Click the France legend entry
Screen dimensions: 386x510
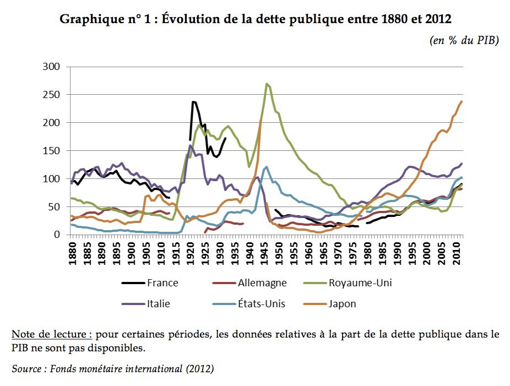[162, 283]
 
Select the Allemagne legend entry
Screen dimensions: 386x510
[262, 283]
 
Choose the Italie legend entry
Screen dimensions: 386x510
[158, 303]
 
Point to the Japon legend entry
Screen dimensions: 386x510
[342, 303]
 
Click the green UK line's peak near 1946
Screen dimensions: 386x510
[267, 84]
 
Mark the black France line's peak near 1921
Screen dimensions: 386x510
[193, 102]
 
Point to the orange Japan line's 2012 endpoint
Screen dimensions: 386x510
[462, 101]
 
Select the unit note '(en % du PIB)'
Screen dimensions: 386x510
[463, 41]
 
